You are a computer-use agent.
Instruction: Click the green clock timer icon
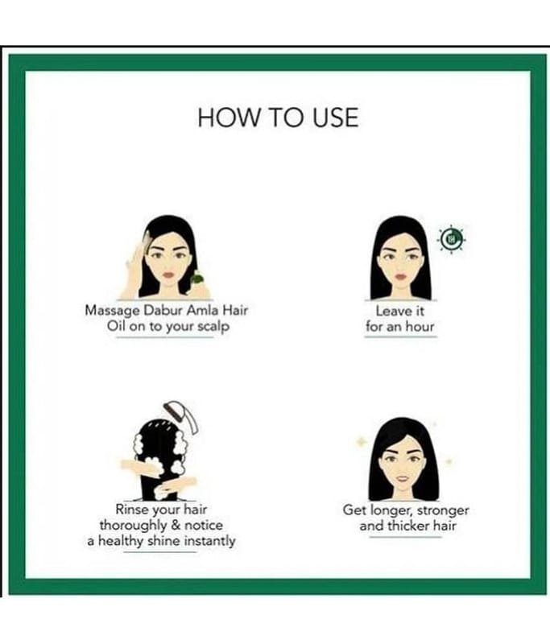(x=452, y=239)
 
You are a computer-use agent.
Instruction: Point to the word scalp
(x=213, y=328)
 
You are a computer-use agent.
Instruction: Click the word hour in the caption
(x=420, y=327)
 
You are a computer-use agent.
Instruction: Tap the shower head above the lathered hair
(x=181, y=416)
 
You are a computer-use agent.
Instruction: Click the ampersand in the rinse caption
(x=176, y=526)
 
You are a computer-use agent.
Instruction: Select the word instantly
(x=209, y=541)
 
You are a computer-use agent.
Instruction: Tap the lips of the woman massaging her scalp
(x=168, y=274)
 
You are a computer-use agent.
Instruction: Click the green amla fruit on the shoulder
(x=197, y=279)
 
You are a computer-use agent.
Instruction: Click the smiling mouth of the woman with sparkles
(x=403, y=478)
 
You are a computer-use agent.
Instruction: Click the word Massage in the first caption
(x=112, y=311)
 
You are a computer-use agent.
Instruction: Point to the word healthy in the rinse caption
(x=122, y=541)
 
